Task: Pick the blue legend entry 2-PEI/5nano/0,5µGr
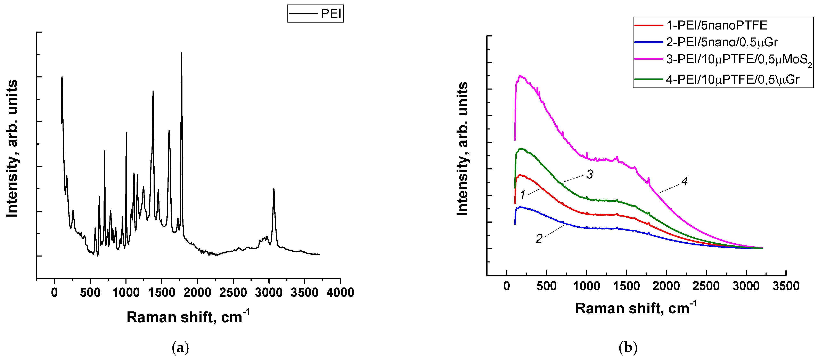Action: click(x=721, y=42)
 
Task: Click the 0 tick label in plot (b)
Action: click(x=507, y=286)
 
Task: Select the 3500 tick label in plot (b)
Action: click(x=786, y=286)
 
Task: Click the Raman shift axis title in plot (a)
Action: click(x=188, y=317)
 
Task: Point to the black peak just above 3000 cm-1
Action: click(x=274, y=190)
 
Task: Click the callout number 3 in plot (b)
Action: click(x=590, y=174)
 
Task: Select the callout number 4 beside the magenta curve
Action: click(x=684, y=181)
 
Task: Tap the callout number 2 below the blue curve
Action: click(x=539, y=239)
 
